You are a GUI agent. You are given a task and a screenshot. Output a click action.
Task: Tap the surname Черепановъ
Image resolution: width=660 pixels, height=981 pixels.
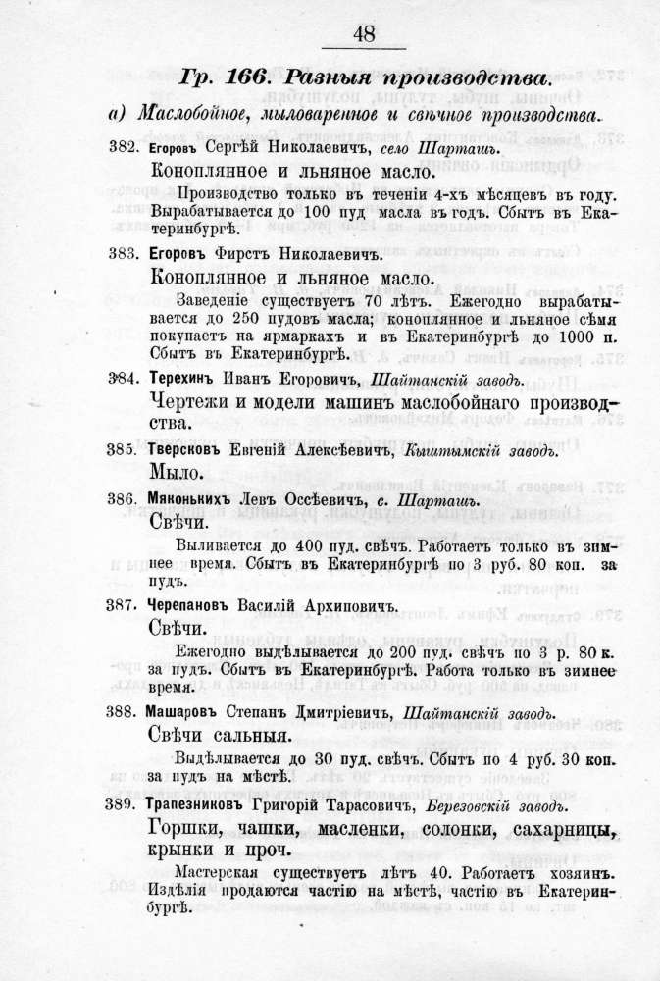pyautogui.click(x=191, y=605)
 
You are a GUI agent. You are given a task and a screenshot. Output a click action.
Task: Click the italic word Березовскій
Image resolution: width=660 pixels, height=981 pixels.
pyautogui.click(x=465, y=806)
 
